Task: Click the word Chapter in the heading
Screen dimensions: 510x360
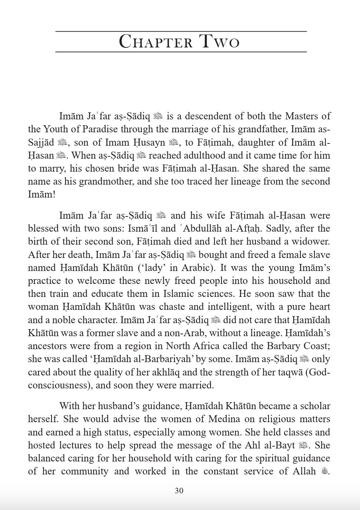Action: (x=156, y=42)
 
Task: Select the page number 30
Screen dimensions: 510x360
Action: (x=179, y=491)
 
